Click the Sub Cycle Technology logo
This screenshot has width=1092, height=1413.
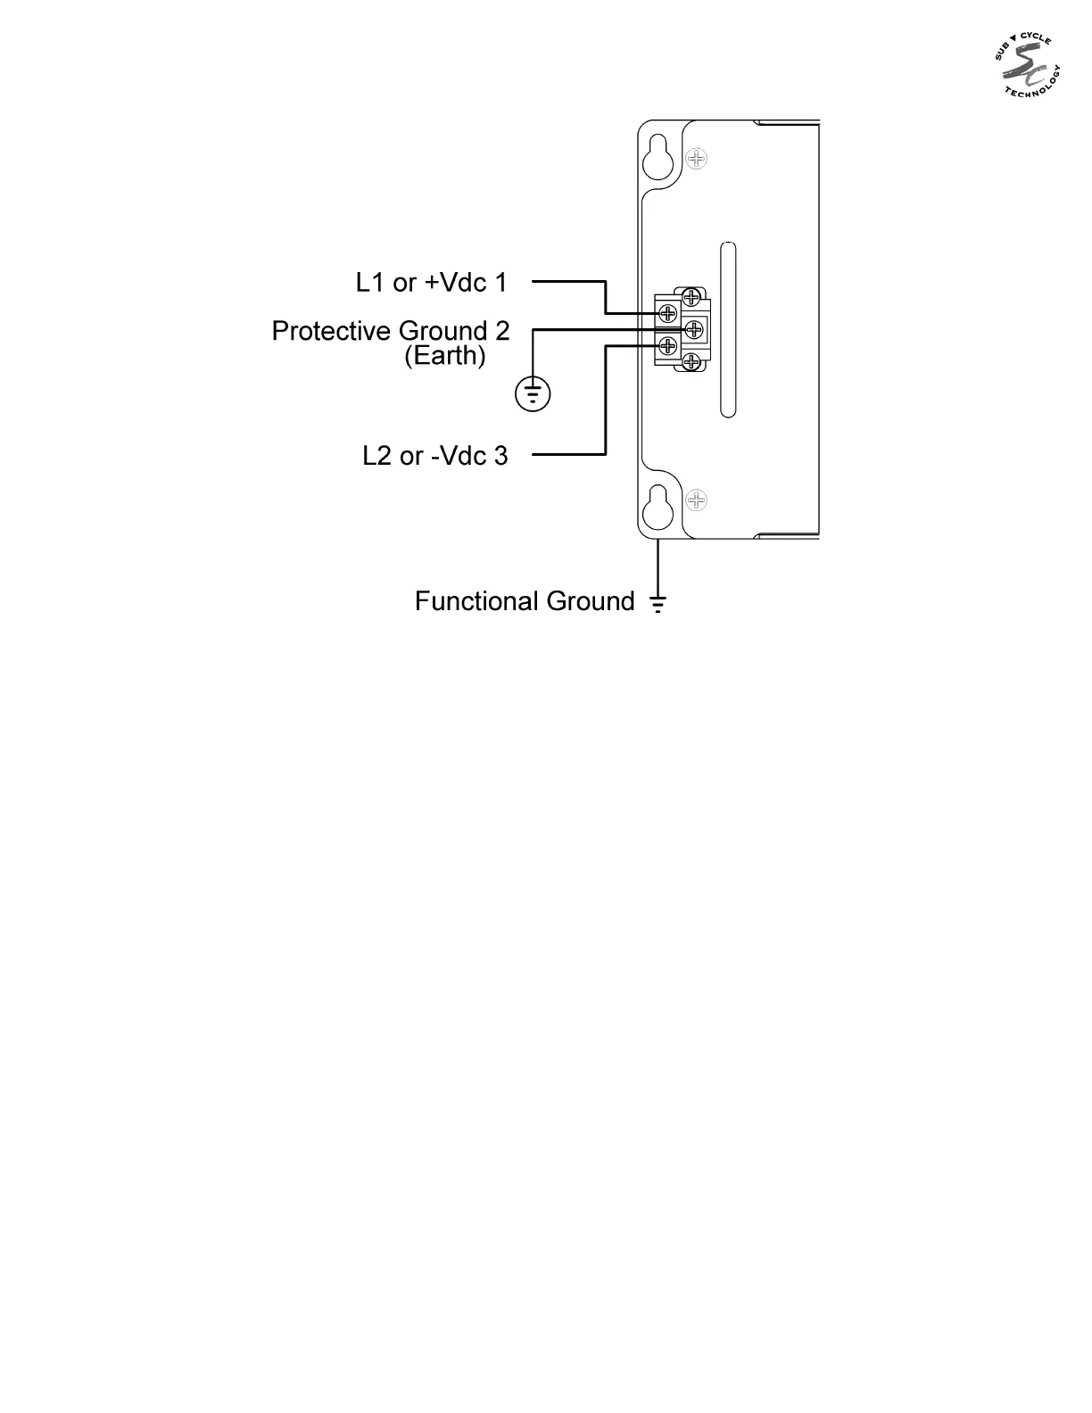(1027, 66)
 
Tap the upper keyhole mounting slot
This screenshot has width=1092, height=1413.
(658, 155)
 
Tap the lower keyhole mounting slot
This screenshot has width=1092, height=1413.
(658, 506)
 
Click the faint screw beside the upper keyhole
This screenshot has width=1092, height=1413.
(696, 159)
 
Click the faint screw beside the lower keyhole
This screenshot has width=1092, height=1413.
(696, 500)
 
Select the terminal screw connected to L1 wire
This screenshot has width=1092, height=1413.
(667, 313)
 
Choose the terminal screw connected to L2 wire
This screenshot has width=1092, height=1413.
(666, 346)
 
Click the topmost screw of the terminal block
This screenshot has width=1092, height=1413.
(691, 297)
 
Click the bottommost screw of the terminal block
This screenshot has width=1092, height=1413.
(691, 362)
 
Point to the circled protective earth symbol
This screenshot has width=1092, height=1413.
(533, 393)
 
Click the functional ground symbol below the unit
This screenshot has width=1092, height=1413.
(658, 604)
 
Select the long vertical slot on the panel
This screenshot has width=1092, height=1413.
(728, 329)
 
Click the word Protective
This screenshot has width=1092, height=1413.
(331, 332)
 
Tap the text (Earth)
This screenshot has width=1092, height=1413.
(445, 356)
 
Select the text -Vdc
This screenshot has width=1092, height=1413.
(458, 456)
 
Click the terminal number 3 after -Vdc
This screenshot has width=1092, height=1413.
(500, 456)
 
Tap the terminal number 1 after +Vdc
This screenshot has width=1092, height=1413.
(500, 283)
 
